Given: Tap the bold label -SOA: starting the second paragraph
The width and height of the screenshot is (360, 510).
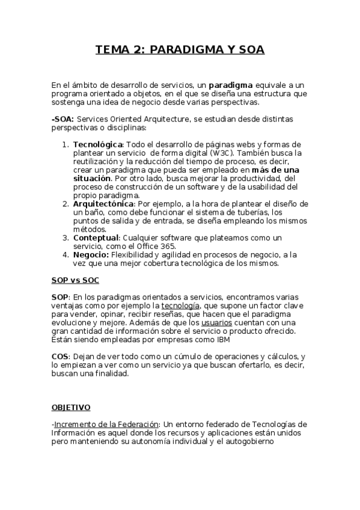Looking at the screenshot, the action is coord(63,120).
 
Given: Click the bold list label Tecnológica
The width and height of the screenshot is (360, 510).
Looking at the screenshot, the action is coord(98,145).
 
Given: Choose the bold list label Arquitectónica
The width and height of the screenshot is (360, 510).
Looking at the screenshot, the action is coord(103,204).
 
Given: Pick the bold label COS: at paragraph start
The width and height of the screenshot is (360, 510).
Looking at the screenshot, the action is coord(61,357).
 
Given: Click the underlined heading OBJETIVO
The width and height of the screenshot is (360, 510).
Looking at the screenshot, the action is coord(71,407).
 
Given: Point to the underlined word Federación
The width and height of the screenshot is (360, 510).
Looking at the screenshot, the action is coord(139,425).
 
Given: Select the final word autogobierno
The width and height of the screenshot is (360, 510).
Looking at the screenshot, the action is coord(248,441).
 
